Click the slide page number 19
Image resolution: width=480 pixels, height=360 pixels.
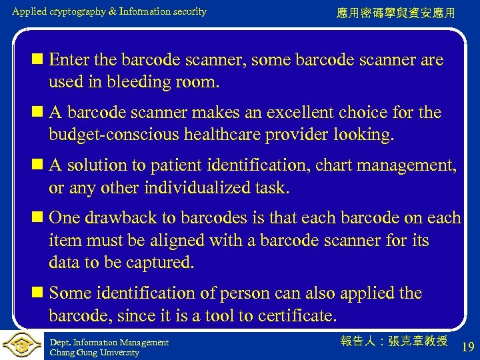(468, 346)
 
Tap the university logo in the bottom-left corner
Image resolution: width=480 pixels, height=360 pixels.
(21, 345)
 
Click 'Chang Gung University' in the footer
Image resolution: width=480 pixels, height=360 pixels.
(94, 353)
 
